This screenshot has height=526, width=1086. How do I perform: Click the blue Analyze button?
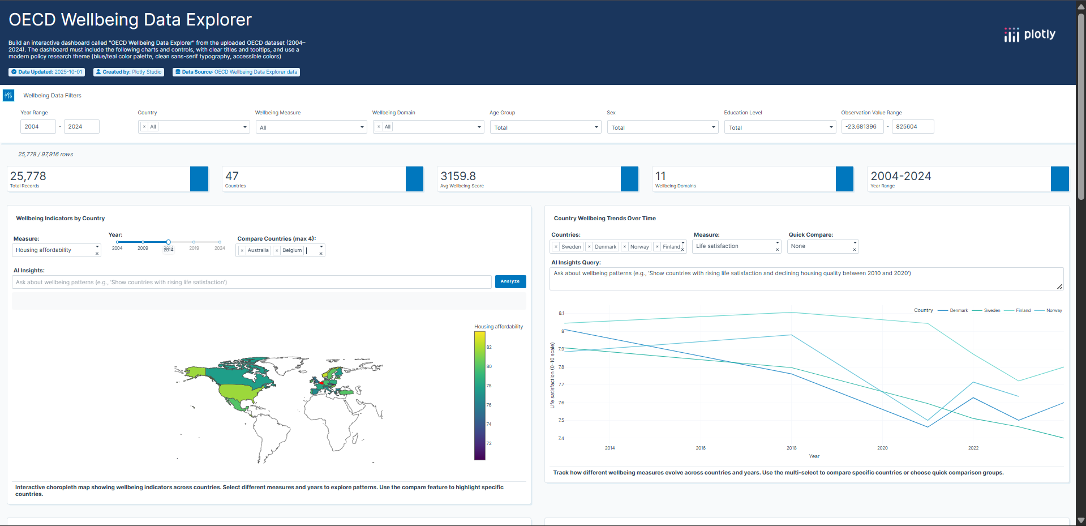pyautogui.click(x=510, y=281)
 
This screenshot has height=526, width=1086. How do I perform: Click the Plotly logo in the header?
pyautogui.click(x=1029, y=35)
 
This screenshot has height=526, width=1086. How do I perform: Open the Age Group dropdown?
pyautogui.click(x=544, y=127)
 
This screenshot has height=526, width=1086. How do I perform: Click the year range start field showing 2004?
pyautogui.click(x=38, y=127)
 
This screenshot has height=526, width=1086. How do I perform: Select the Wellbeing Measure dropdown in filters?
pyautogui.click(x=311, y=127)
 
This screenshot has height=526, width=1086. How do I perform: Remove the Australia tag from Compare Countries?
pyautogui.click(x=242, y=250)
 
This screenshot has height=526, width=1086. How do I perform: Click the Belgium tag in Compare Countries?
pyautogui.click(x=292, y=250)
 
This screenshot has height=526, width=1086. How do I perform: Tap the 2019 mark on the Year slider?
pyautogui.click(x=194, y=242)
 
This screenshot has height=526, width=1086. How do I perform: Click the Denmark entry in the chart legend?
pyautogui.click(x=959, y=310)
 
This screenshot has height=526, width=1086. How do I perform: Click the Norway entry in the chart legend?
pyautogui.click(x=1054, y=310)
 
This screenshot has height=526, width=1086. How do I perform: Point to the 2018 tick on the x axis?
pyautogui.click(x=791, y=448)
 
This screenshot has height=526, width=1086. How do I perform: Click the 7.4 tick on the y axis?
pyautogui.click(x=561, y=438)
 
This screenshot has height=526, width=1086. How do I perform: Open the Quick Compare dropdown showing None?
pyautogui.click(x=822, y=246)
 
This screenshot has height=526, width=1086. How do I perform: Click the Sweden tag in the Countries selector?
pyautogui.click(x=571, y=247)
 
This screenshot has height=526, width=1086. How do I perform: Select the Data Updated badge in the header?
pyautogui.click(x=47, y=72)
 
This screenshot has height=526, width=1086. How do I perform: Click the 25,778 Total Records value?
pyautogui.click(x=28, y=176)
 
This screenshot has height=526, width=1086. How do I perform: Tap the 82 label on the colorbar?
pyautogui.click(x=489, y=347)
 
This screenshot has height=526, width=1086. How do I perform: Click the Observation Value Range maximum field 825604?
pyautogui.click(x=912, y=127)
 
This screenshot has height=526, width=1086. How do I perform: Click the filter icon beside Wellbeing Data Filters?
pyautogui.click(x=8, y=95)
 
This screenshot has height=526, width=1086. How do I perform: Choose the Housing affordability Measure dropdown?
pyautogui.click(x=55, y=250)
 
